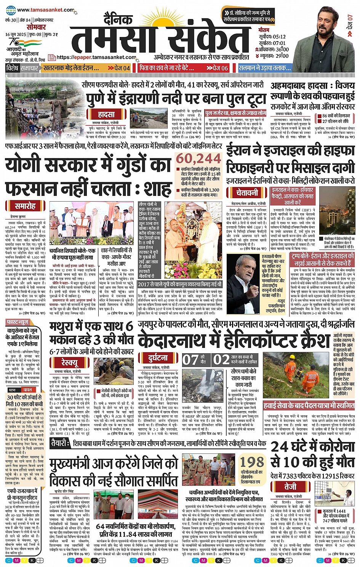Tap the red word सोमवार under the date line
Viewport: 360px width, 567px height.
(36, 27)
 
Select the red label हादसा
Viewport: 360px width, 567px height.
(106, 114)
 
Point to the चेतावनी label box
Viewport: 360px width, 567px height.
(247, 192)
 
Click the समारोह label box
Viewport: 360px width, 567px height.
(25, 206)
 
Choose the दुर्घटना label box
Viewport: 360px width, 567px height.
(158, 358)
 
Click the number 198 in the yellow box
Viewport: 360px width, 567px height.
(252, 462)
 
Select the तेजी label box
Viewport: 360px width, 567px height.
(290, 487)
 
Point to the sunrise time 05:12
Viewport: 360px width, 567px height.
(277, 37)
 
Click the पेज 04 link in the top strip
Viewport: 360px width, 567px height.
(119, 68)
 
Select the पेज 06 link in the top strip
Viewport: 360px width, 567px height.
(217, 68)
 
